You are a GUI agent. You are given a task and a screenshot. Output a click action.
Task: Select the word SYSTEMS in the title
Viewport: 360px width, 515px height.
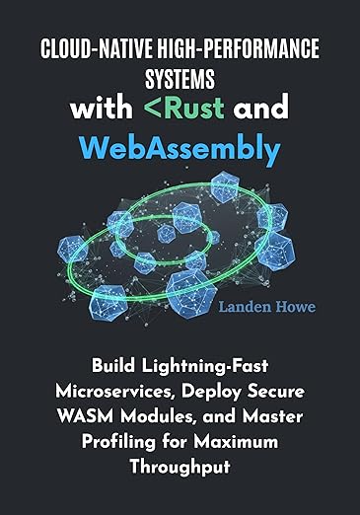(180, 77)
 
